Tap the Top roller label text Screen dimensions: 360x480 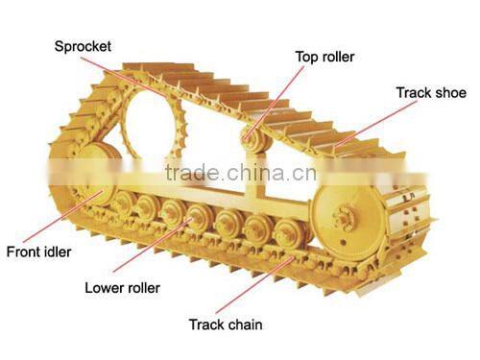(324, 58)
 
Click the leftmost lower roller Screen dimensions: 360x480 (122, 203)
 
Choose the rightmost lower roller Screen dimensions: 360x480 (286, 233)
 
